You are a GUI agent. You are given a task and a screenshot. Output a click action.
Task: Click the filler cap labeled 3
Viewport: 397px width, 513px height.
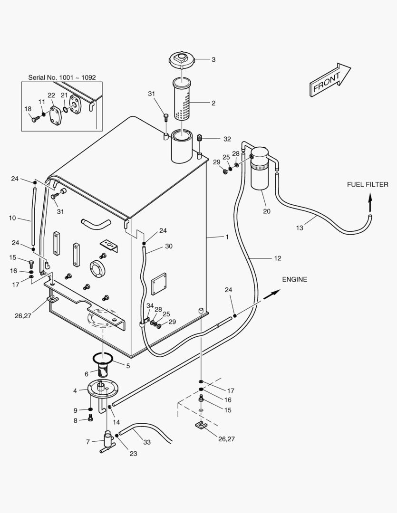[x=181, y=61]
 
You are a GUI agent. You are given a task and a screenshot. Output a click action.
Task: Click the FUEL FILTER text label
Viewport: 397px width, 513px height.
[x=367, y=185]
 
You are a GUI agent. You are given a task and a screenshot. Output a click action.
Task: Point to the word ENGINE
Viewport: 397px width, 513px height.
[x=294, y=279]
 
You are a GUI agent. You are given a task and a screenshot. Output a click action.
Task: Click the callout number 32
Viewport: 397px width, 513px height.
[x=227, y=139]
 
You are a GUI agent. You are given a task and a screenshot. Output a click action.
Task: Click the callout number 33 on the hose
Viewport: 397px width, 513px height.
[x=147, y=442]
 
